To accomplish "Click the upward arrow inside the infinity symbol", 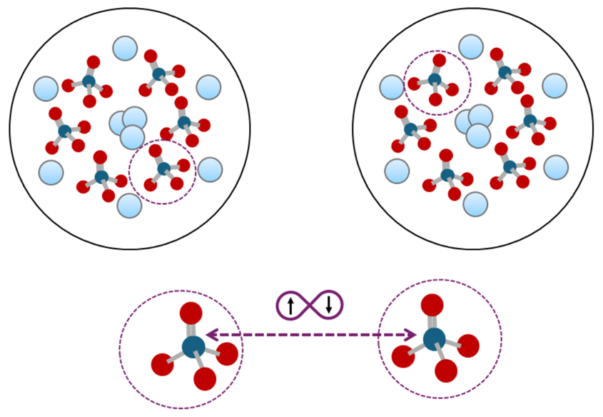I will (x=290, y=306).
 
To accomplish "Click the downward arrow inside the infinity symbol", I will (x=328, y=305).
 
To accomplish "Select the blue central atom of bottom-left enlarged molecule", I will (x=193, y=347).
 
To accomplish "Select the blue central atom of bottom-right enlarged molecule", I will (x=434, y=338).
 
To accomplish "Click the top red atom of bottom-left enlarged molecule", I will (x=191, y=313).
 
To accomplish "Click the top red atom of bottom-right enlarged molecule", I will (x=432, y=305).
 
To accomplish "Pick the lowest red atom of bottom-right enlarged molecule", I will (x=446, y=371).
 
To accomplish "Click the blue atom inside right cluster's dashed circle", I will (x=435, y=79).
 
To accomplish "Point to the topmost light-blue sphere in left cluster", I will (x=124, y=49).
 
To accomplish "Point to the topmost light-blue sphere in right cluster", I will (x=471, y=47).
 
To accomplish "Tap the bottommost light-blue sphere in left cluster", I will (x=129, y=205).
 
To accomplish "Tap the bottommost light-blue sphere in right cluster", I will (x=475, y=204).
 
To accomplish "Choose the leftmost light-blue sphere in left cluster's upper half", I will (x=46, y=89).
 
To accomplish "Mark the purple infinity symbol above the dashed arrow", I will (x=310, y=306).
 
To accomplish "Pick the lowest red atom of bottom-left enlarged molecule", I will (x=205, y=378).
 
